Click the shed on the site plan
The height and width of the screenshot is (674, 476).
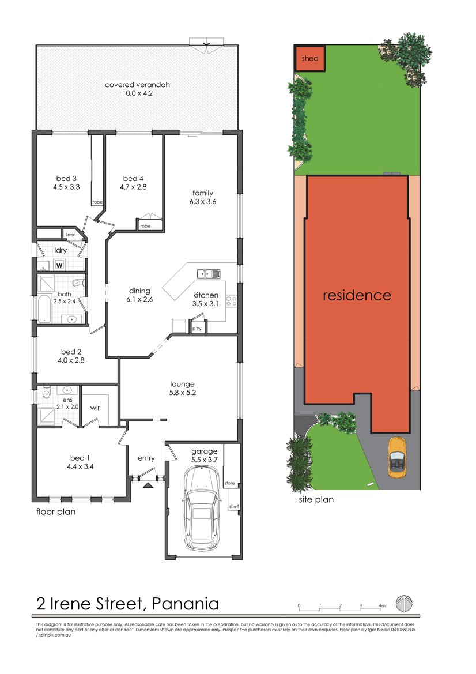coord(310,58)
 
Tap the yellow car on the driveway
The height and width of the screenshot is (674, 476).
coord(397,457)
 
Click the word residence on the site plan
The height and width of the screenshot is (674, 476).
coord(357,295)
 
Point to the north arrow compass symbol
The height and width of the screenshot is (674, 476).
coord(403,604)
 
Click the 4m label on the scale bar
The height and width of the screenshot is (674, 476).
coord(381,606)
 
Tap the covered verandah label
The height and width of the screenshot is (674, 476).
coord(137,85)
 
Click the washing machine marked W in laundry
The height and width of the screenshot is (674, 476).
coord(59,265)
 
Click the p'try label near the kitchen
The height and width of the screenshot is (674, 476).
coord(197,329)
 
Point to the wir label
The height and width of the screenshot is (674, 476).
coord(96,407)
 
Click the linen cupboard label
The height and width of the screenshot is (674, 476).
coord(70,235)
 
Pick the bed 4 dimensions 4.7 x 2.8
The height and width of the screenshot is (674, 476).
coord(134,187)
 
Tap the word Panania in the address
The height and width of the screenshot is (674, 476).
coord(183,604)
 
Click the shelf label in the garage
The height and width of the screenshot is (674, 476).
coord(233,507)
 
